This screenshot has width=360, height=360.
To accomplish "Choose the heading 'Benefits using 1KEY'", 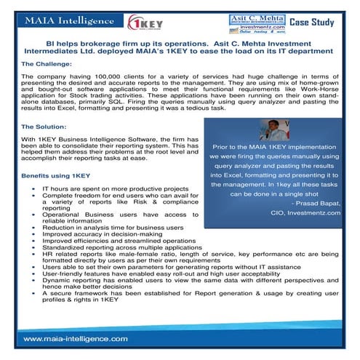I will [55, 176].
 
